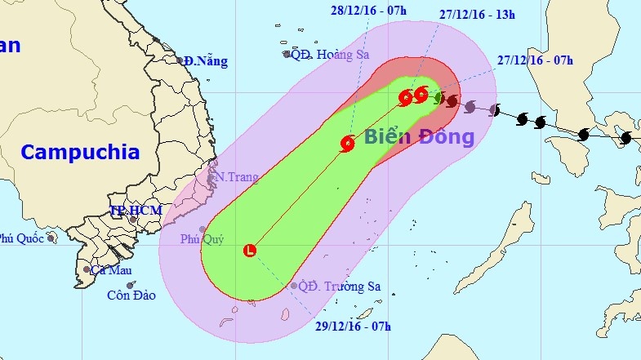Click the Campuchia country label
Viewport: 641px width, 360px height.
click(80, 151)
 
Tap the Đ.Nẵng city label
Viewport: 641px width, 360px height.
click(206, 61)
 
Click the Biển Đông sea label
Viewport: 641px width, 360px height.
click(419, 136)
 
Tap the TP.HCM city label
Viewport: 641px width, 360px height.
click(136, 211)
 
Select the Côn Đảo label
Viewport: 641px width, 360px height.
click(131, 295)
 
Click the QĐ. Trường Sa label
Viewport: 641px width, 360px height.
click(340, 287)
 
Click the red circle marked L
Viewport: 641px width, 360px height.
click(250, 251)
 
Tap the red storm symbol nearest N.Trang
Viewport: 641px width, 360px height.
click(348, 144)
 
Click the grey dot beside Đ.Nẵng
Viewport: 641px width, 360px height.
click(180, 60)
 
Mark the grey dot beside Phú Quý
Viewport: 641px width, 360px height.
click(203, 229)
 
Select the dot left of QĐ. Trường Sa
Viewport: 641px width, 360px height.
click(294, 286)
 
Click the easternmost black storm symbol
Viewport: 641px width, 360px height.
click(625, 138)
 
